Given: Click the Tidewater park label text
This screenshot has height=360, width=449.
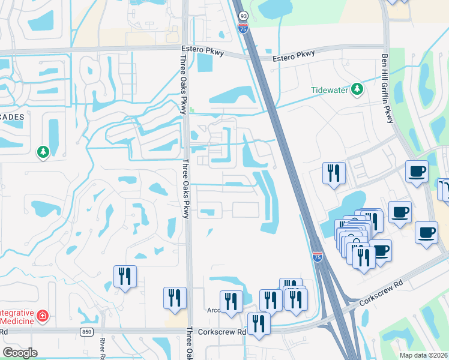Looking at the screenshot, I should pos(330,90).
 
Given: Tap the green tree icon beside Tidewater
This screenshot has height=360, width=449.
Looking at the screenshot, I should pos(358,89).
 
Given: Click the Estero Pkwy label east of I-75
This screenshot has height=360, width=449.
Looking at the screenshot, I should pos(294,54).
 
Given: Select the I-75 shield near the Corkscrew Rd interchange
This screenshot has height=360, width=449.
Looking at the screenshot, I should pos(317,257).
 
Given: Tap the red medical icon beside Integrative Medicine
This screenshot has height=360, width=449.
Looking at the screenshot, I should pos(43,316).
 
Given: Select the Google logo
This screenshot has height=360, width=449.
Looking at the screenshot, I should pos(19,352).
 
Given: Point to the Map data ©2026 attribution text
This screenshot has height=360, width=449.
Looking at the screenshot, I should pos(423,355).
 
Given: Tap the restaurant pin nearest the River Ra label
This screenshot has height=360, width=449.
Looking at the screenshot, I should pos(125,276).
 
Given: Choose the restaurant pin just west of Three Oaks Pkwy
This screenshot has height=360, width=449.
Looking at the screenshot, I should pos(175,298).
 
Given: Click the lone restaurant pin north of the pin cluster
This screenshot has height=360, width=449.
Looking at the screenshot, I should pos(334,173).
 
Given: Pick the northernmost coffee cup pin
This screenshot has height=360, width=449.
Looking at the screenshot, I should pos(417,171).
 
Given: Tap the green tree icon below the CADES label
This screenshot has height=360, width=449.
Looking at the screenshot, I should pos(43,152).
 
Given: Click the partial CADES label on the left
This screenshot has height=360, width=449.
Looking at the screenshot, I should pos(12,117).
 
